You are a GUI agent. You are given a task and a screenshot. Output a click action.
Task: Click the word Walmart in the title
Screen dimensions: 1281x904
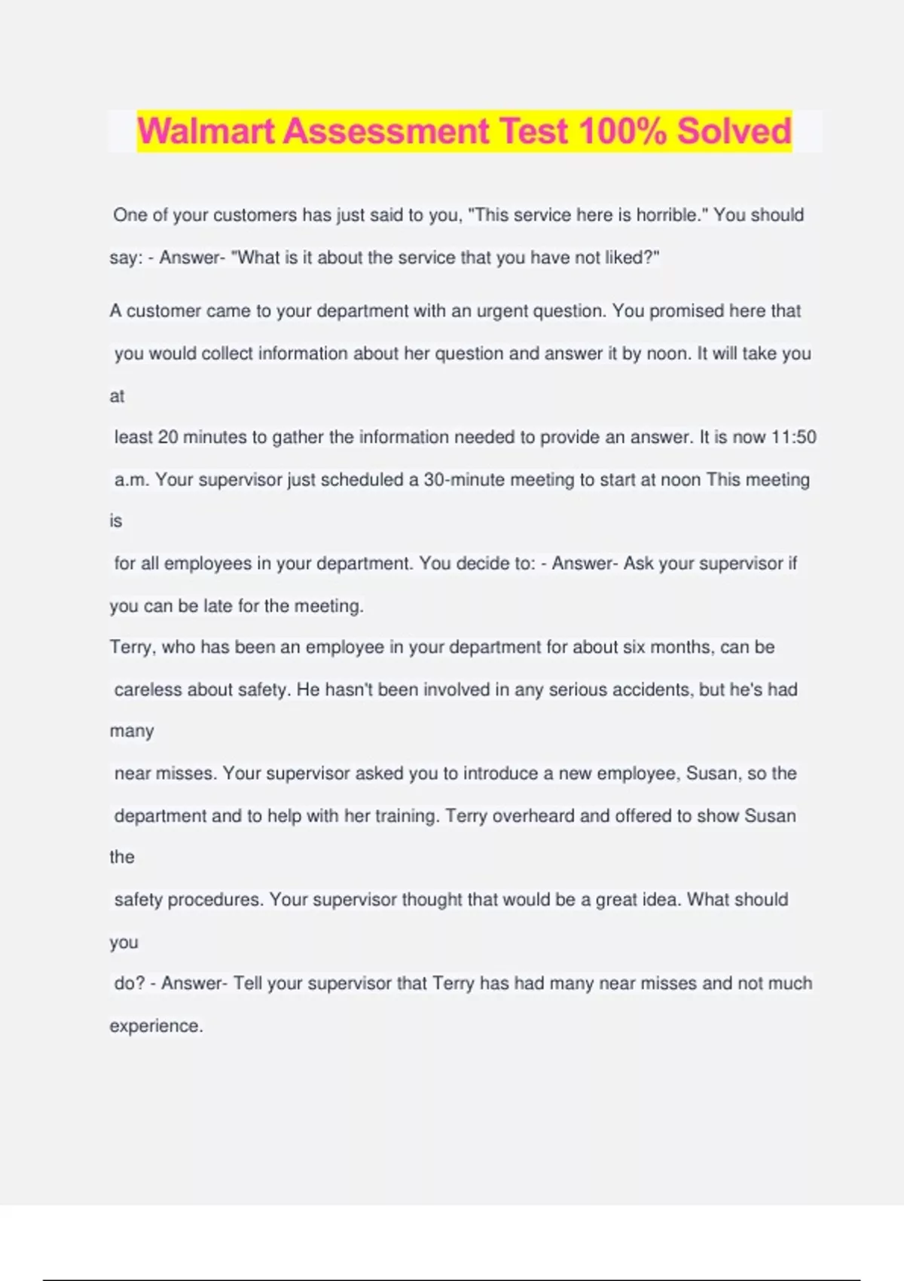(206, 130)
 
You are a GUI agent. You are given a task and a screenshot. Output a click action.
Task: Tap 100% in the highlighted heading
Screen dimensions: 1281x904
(622, 130)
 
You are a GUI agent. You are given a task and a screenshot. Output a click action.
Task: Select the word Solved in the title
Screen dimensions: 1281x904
(734, 130)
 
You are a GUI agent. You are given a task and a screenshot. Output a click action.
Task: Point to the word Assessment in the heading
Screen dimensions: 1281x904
(386, 130)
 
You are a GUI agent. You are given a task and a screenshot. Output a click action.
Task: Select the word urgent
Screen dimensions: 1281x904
(502, 311)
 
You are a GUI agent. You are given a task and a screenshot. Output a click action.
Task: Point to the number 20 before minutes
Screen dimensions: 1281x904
(167, 437)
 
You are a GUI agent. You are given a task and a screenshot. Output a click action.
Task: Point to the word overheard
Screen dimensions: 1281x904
(533, 816)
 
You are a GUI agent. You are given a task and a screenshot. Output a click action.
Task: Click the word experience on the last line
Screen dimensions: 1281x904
(155, 1026)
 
